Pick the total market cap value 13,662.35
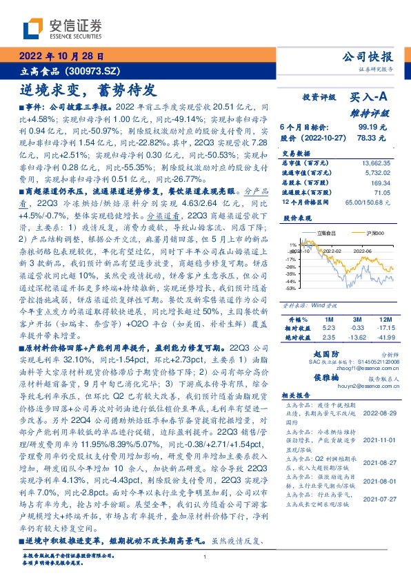pyautogui.click(x=377, y=163)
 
